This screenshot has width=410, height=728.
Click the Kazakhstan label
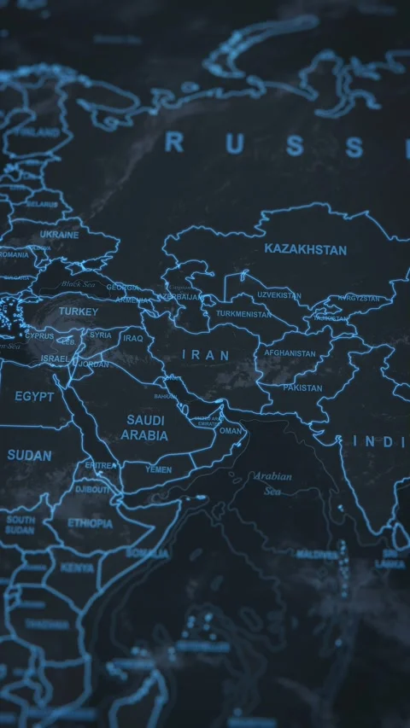click(305, 250)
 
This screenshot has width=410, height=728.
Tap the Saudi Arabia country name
click(144, 427)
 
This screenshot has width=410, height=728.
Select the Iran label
click(206, 354)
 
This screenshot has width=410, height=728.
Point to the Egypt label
click(34, 397)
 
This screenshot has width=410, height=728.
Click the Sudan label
click(29, 456)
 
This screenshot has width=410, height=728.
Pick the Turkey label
click(78, 312)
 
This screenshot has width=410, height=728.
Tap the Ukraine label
click(59, 235)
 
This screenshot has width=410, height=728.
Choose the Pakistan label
click(302, 388)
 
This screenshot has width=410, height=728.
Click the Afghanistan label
click(290, 353)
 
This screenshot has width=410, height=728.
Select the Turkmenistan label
click(243, 314)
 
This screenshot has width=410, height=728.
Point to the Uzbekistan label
click(279, 294)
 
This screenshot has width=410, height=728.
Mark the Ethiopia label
click(90, 523)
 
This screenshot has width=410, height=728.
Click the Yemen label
click(158, 470)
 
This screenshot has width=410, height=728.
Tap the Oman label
click(231, 431)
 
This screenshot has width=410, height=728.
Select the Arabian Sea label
click(272, 483)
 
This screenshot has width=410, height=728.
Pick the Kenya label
click(78, 568)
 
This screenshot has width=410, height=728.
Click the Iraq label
click(132, 338)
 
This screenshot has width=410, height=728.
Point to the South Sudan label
click(20, 524)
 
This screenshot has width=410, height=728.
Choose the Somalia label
click(147, 553)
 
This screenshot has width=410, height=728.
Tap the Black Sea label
click(79, 284)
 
